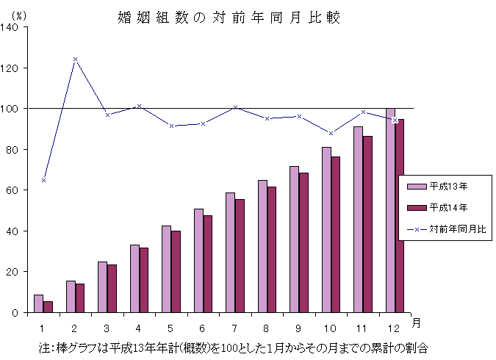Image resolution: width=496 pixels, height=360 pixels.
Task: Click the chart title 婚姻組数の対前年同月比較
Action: click(x=229, y=17)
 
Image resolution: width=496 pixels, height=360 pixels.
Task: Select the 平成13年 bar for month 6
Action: click(x=198, y=261)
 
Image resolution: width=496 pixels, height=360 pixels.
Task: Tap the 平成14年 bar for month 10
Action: click(x=335, y=234)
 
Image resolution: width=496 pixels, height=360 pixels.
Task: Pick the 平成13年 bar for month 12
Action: click(x=390, y=210)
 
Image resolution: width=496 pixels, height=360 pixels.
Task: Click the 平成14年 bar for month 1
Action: click(x=48, y=307)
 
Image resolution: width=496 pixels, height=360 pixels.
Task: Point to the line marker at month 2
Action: click(x=75, y=59)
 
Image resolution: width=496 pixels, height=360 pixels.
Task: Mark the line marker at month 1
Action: click(x=43, y=180)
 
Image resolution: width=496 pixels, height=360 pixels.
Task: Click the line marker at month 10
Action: click(x=331, y=133)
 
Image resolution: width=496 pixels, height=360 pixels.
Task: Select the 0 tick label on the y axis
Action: click(x=20, y=313)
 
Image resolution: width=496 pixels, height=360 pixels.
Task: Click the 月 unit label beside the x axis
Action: click(x=416, y=323)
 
